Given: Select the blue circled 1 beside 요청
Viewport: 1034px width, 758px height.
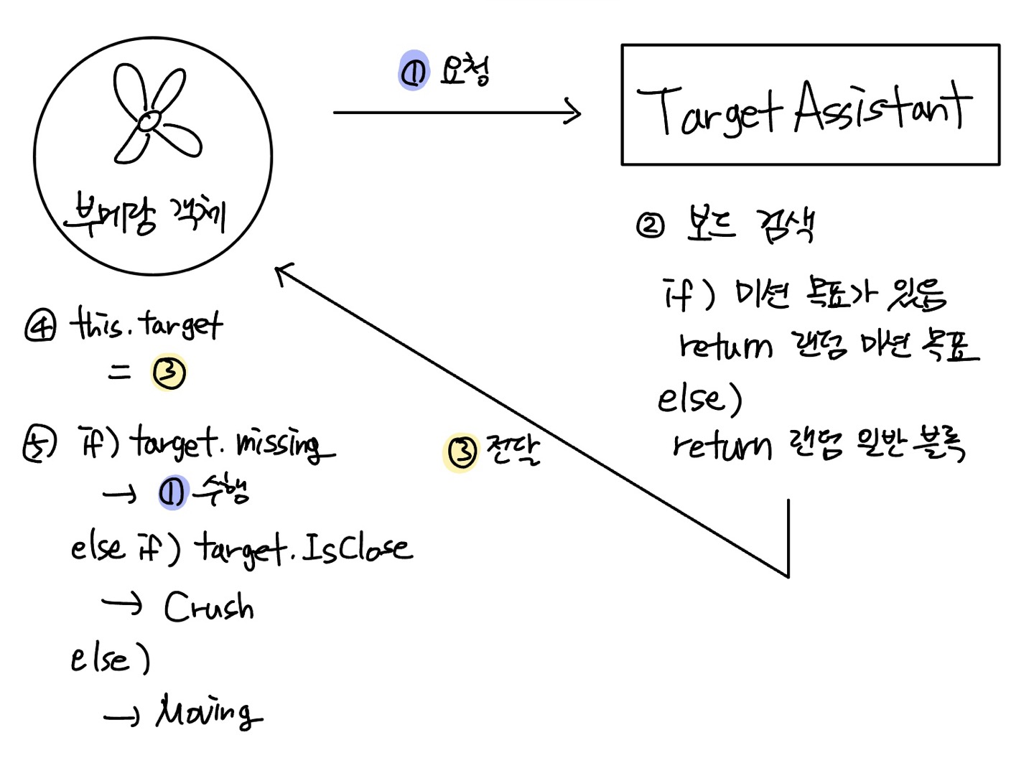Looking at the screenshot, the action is pyautogui.click(x=414, y=72).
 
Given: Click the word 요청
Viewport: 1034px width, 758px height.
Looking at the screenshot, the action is pyautogui.click(x=465, y=70).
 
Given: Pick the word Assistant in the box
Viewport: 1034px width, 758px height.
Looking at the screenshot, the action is pyautogui.click(x=883, y=108).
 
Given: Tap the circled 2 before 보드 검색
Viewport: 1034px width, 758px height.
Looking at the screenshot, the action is pyautogui.click(x=651, y=225).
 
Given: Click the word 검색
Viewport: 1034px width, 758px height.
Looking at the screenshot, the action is pyautogui.click(x=786, y=225).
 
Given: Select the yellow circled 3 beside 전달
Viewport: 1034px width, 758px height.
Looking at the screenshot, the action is pyautogui.click(x=462, y=451).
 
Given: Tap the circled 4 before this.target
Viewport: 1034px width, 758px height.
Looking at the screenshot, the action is pyautogui.click(x=39, y=326).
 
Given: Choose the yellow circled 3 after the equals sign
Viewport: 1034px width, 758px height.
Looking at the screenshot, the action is pyautogui.click(x=169, y=373).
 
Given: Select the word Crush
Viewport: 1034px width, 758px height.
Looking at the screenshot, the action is pyautogui.click(x=208, y=607).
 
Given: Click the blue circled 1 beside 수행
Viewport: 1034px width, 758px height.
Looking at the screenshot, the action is pyautogui.click(x=172, y=492).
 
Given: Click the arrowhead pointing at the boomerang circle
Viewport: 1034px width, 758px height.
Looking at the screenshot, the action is pyautogui.click(x=284, y=272).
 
